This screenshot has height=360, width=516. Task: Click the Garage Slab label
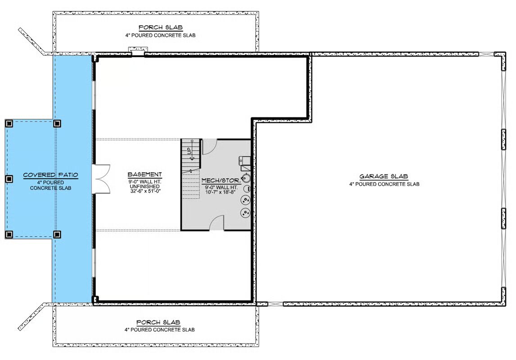(384, 176)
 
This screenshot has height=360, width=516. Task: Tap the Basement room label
(145, 175)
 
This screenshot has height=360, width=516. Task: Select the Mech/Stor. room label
(221, 180)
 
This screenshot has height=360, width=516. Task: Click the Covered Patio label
(51, 175)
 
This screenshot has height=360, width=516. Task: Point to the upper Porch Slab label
(161, 27)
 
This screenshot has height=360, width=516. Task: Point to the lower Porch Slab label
(158, 322)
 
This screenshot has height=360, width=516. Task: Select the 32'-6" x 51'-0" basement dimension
(145, 191)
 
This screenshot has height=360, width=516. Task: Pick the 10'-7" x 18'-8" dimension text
(221, 192)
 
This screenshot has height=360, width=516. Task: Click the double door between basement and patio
(101, 179)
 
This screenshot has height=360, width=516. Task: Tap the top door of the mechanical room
(209, 147)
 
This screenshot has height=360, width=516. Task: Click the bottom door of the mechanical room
(217, 223)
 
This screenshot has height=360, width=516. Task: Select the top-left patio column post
(9, 123)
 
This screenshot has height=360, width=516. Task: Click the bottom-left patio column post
(9, 234)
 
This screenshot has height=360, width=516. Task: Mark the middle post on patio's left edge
(9, 179)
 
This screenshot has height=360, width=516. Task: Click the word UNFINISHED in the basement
(145, 186)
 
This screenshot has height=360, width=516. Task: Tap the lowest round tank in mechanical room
(245, 213)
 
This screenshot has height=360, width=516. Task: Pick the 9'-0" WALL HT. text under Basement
(145, 182)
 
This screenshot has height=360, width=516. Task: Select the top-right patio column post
(57, 123)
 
